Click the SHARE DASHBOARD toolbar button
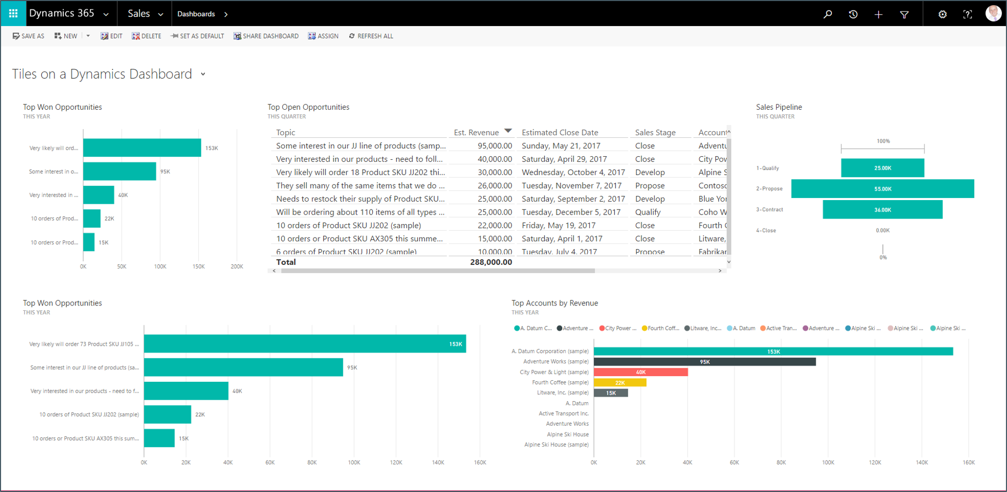point(266,36)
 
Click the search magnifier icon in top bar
point(828,14)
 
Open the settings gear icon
point(942,14)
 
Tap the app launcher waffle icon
point(13,13)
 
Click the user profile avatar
point(993,13)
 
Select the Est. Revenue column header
point(476,133)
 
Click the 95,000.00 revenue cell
point(494,146)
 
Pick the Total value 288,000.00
point(490,262)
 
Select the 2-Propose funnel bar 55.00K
point(882,189)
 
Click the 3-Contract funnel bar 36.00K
point(882,209)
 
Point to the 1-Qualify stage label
point(767,168)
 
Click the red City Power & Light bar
point(640,372)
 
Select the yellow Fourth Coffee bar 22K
point(620,382)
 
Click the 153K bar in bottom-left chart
point(305,344)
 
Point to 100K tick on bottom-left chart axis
point(354,462)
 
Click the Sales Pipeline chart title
point(779,107)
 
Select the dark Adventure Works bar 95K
point(704,361)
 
